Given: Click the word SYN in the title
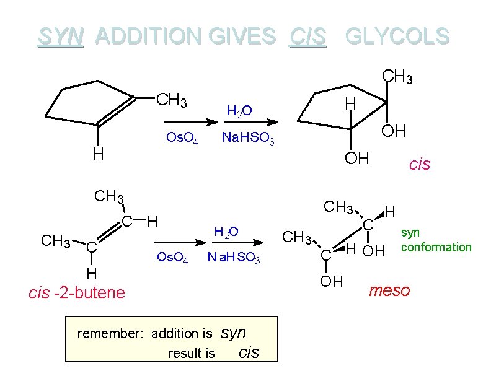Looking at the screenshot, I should pyautogui.click(x=60, y=37).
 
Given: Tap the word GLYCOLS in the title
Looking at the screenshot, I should pyautogui.click(x=397, y=37).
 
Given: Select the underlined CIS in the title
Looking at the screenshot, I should pyautogui.click(x=307, y=37).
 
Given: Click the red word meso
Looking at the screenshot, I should pyautogui.click(x=389, y=290).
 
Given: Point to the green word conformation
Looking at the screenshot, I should pyautogui.click(x=436, y=247).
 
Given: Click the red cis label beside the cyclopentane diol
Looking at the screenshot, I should pyautogui.click(x=420, y=164).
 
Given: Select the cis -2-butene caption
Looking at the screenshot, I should pyautogui.click(x=77, y=292).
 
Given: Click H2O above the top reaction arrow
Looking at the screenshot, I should pyautogui.click(x=239, y=111).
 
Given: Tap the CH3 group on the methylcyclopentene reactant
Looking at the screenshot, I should pyautogui.click(x=172, y=99).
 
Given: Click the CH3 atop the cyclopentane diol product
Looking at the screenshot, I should pyautogui.click(x=397, y=76).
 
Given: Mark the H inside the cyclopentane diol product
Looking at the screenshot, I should pyautogui.click(x=350, y=103).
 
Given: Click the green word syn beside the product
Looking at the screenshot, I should pyautogui.click(x=410, y=233).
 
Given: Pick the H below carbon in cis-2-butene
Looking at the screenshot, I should pyautogui.click(x=91, y=272).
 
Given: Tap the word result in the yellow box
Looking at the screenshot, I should pyautogui.click(x=192, y=353).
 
